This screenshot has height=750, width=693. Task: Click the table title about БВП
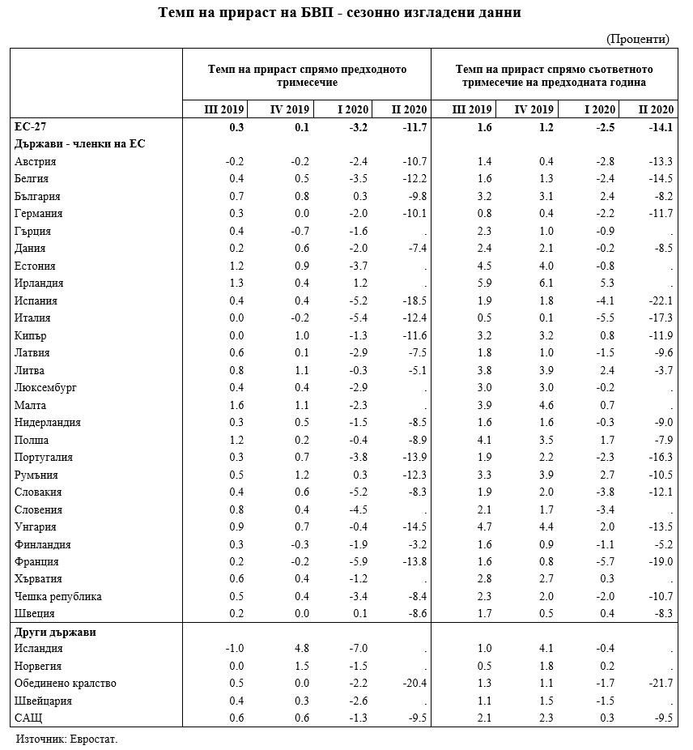(x=346, y=13)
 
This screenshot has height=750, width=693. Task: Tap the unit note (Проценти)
(x=637, y=39)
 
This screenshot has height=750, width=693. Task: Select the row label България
(x=37, y=196)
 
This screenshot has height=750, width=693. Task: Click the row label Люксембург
(x=45, y=388)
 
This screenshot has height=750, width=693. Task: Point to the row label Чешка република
(x=58, y=597)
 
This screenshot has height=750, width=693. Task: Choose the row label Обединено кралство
(x=66, y=684)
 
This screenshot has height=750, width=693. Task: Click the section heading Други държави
(x=56, y=632)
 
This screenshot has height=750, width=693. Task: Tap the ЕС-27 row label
(x=30, y=127)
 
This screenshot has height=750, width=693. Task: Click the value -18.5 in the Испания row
(x=414, y=301)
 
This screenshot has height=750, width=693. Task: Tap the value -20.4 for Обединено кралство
(x=414, y=684)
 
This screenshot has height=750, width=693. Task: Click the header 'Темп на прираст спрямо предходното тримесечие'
(x=307, y=76)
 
